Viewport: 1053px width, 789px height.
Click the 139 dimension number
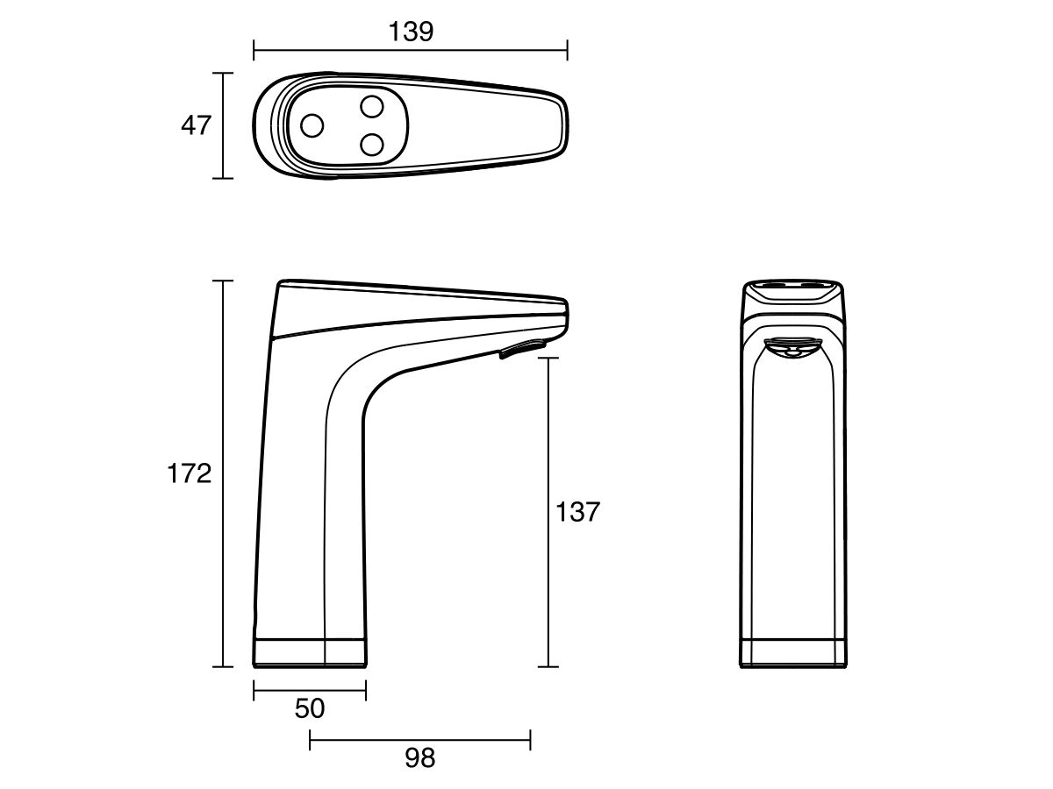click(x=411, y=32)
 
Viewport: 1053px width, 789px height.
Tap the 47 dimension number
click(x=196, y=125)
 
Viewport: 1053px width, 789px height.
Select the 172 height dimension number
click(x=189, y=473)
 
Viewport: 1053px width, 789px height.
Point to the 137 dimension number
click(x=577, y=512)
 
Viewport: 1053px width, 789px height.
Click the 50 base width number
click(x=310, y=708)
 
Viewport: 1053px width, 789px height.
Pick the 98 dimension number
click(x=419, y=757)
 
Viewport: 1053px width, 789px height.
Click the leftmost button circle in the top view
click(x=312, y=125)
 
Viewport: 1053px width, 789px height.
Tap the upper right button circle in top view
click(x=372, y=106)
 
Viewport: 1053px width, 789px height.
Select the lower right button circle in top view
click(x=372, y=145)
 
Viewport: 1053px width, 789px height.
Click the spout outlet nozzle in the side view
click(x=523, y=348)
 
